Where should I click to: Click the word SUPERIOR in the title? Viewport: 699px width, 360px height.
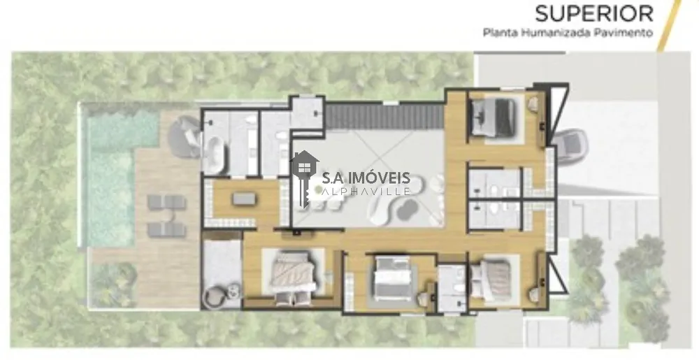(x=593, y=13)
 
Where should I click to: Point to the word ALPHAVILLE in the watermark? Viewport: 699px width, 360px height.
(x=366, y=191)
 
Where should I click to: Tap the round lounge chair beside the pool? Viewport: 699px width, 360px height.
(x=186, y=136)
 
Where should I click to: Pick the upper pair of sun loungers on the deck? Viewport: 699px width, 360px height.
(x=166, y=202)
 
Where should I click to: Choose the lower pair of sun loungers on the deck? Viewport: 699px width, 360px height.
(x=166, y=230)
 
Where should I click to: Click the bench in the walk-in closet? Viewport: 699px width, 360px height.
(x=244, y=199)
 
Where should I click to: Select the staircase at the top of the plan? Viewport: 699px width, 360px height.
(x=384, y=117)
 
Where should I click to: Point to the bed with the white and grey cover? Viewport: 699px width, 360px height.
(x=392, y=278)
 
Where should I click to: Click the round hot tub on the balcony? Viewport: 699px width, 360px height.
(x=218, y=296)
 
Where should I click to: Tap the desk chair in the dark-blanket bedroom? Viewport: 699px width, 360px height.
(x=533, y=104)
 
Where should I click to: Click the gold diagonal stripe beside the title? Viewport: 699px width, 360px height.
(x=670, y=24)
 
